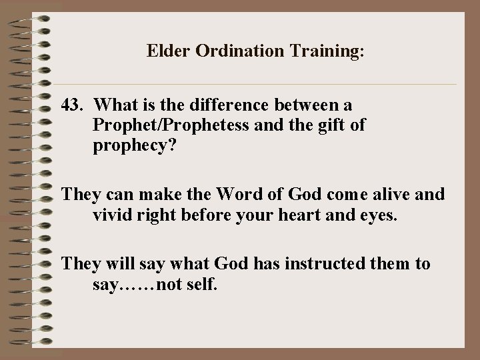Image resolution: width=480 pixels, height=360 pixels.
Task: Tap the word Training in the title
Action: pyautogui.click(x=321, y=51)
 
